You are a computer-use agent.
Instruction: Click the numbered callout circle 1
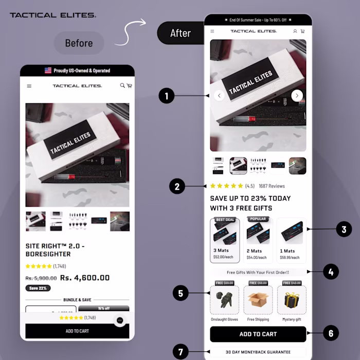coord(167,96)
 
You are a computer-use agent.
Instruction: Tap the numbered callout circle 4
coord(330,272)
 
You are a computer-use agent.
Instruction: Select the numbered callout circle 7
coord(181,352)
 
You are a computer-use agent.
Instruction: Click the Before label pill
coord(79,43)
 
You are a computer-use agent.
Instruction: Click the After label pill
coord(180,33)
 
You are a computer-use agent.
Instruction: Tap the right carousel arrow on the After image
coord(297,95)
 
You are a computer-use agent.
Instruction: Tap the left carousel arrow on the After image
coord(219,95)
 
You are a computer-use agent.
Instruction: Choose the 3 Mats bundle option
coord(225,240)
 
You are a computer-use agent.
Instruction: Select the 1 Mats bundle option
coord(291,240)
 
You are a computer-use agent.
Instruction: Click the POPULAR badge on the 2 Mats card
coord(258,219)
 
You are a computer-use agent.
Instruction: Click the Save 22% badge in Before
coord(38,288)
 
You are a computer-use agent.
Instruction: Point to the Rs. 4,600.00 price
coord(85,278)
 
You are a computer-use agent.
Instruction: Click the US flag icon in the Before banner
coord(48,70)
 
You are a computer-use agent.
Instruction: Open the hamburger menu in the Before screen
coord(29,86)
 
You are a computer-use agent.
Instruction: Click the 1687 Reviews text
coord(272,186)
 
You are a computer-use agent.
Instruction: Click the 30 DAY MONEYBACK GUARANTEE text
coord(258,352)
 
